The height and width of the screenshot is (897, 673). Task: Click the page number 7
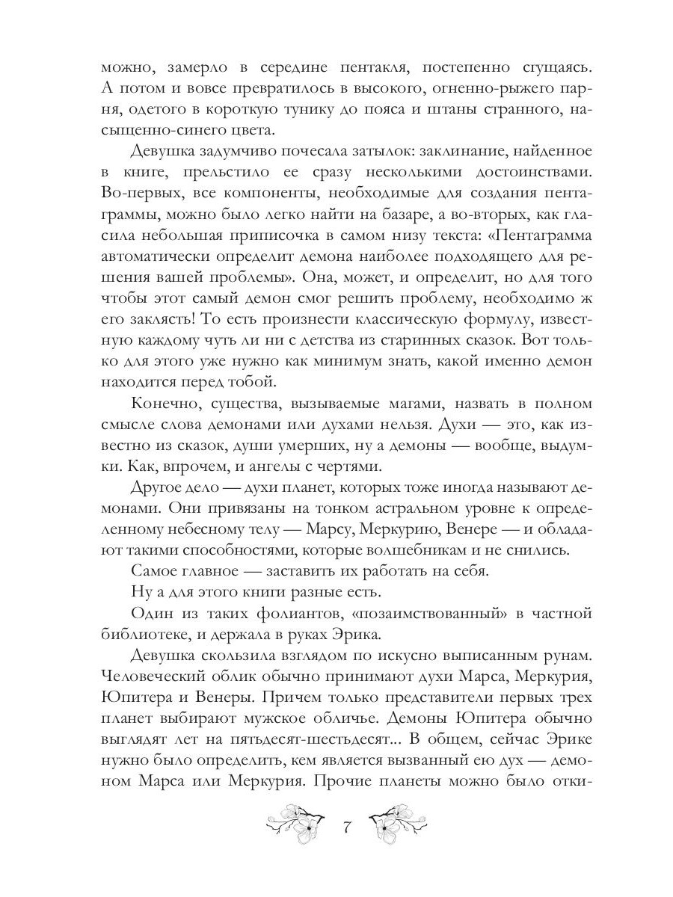346,828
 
